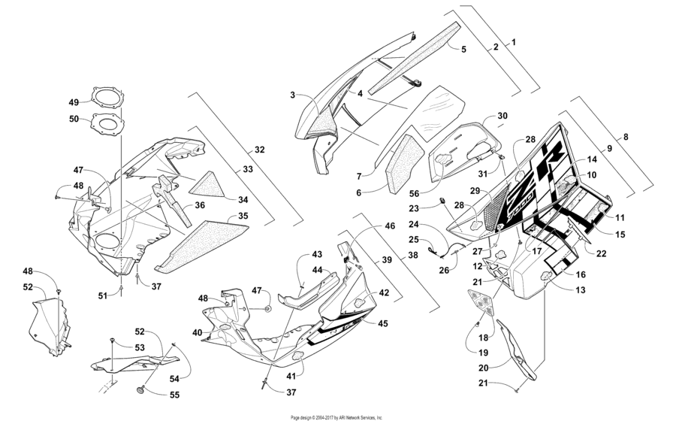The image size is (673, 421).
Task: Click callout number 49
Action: tap(74, 102)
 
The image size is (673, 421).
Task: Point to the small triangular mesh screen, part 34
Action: tap(207, 183)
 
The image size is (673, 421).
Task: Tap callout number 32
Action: tap(259, 150)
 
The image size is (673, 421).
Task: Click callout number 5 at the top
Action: tap(463, 49)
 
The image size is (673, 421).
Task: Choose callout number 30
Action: tap(502, 116)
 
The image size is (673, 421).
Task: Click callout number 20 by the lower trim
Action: tap(485, 368)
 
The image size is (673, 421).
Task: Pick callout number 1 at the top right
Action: tap(514, 42)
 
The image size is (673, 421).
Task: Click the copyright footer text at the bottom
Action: tap(336, 416)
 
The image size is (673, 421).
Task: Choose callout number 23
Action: tap(413, 208)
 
